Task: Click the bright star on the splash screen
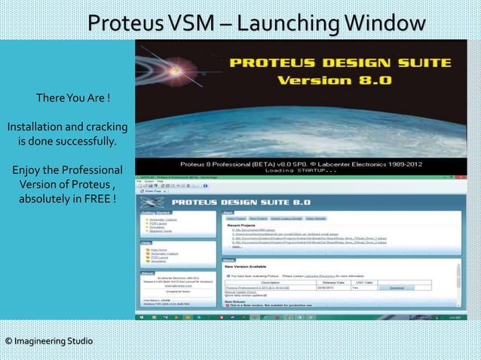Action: click(164, 71)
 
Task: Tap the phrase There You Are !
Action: click(73, 99)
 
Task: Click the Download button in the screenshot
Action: click(396, 288)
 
